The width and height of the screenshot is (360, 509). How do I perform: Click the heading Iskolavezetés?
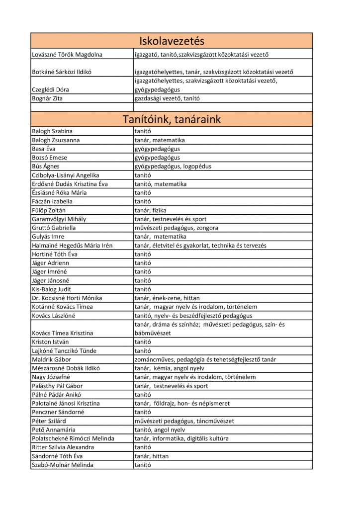[x=172, y=41]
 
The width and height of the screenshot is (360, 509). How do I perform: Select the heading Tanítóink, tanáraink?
[x=172, y=119]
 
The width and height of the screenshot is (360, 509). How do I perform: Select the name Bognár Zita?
[x=47, y=98]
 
